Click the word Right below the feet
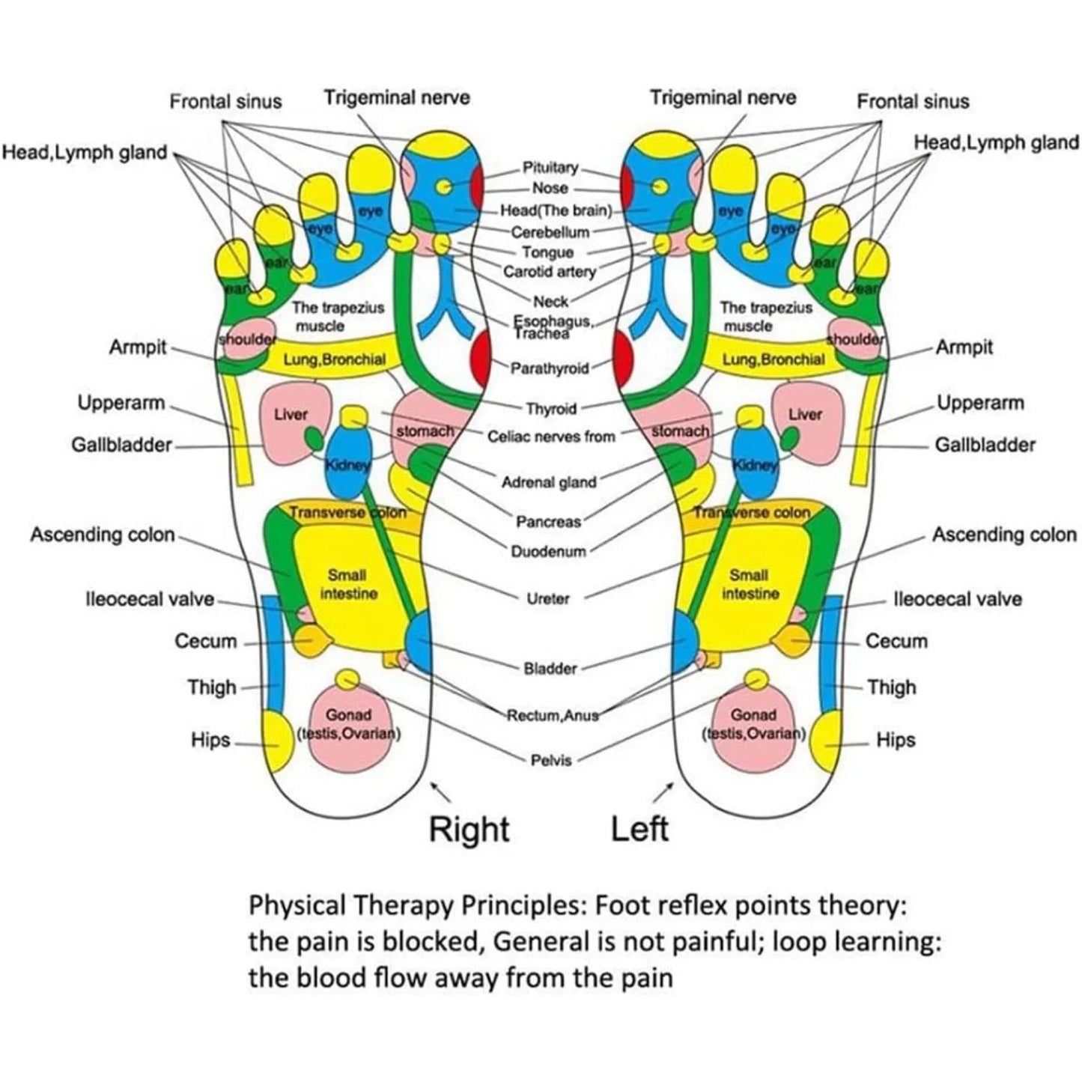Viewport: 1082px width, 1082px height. [x=469, y=830]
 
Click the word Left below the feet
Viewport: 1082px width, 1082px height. [x=639, y=830]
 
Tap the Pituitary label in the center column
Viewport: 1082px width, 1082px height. [x=550, y=168]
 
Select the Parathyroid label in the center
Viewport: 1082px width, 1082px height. [x=550, y=368]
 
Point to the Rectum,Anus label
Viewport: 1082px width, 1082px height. [x=553, y=715]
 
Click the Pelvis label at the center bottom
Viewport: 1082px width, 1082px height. [x=551, y=760]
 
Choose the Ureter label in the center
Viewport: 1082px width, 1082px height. [x=548, y=598]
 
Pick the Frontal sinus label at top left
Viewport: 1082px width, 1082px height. [x=225, y=101]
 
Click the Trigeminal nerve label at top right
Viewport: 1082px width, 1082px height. [x=723, y=97]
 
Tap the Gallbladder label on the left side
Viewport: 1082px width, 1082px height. [x=121, y=445]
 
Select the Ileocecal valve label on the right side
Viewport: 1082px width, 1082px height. [x=957, y=599]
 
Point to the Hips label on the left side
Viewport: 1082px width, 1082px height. [x=210, y=740]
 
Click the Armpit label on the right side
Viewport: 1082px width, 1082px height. [x=964, y=347]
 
